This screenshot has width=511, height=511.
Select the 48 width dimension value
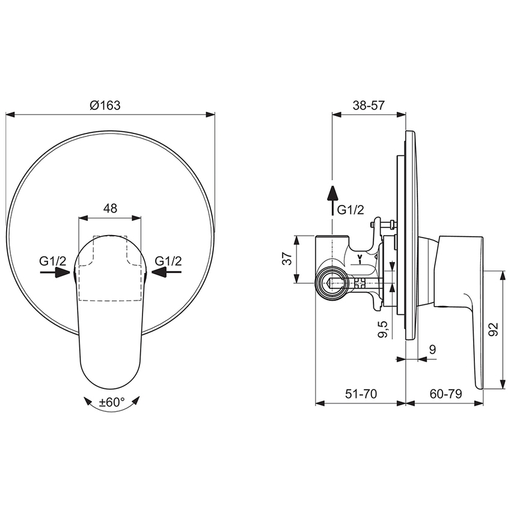tap(110, 209)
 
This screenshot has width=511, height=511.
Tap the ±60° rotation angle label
tap(111, 403)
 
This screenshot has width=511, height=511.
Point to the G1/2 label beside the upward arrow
tap(350, 210)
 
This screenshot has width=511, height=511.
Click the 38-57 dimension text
tap(368, 105)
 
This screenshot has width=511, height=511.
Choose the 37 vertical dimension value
tap(287, 259)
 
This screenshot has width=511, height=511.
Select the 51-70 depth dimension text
tap(361, 394)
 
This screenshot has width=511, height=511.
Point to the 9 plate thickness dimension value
tap(432, 349)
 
